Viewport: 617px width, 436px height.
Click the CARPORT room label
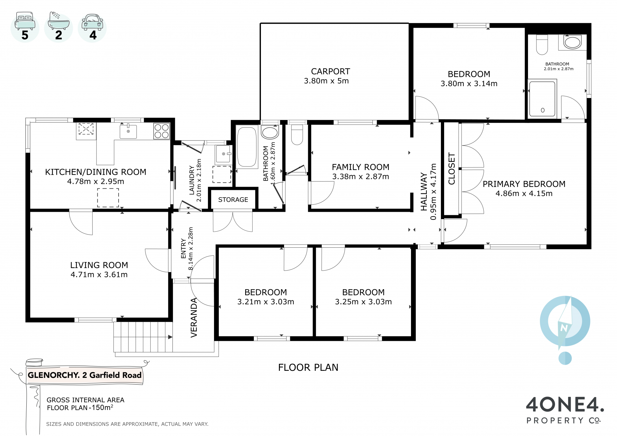click(x=330, y=71)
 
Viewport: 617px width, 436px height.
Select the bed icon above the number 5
click(x=25, y=21)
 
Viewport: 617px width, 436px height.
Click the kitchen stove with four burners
click(x=161, y=131)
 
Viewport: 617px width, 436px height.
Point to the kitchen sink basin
click(x=128, y=131)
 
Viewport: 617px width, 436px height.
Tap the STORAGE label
click(x=233, y=200)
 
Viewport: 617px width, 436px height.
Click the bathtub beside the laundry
click(x=247, y=147)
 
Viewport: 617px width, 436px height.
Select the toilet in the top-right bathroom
click(x=542, y=45)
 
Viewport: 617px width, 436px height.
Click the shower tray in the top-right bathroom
click(x=542, y=99)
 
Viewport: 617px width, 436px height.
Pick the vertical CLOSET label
click(x=452, y=169)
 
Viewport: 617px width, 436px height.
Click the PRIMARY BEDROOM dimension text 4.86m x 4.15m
click(x=524, y=193)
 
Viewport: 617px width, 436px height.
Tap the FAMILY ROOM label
click(x=361, y=167)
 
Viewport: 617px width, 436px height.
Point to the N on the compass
click(x=564, y=328)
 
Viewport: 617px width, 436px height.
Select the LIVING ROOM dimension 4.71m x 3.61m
click(x=99, y=275)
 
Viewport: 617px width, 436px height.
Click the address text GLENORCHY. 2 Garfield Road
click(x=85, y=375)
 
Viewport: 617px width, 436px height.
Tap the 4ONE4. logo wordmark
click(x=565, y=405)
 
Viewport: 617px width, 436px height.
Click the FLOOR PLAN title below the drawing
click(x=308, y=367)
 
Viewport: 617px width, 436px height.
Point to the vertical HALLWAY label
click(x=424, y=192)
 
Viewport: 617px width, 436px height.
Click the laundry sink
click(x=223, y=154)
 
